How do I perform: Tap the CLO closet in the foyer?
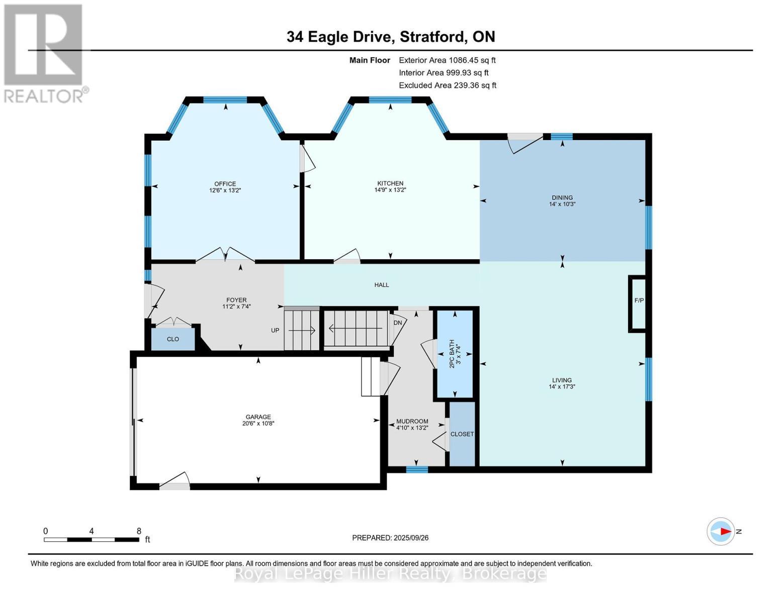click(173, 339)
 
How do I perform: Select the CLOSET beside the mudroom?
click(462, 434)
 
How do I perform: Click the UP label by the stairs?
click(275, 330)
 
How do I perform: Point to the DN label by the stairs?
click(398, 323)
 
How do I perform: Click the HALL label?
click(381, 285)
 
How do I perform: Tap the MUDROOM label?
click(412, 422)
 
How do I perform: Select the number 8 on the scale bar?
click(139, 531)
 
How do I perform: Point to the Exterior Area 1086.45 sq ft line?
click(447, 60)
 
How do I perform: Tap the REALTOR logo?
click(44, 53)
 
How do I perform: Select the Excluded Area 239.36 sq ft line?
click(448, 85)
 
